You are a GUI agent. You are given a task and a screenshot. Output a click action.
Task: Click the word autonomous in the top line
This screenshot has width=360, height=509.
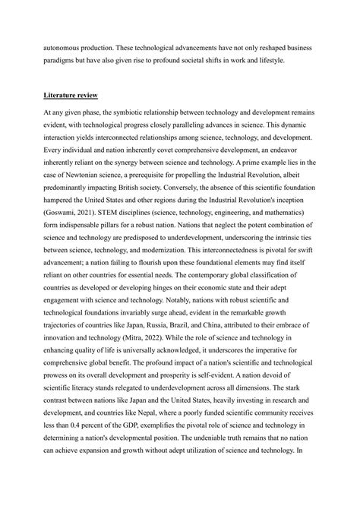click(x=63, y=47)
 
